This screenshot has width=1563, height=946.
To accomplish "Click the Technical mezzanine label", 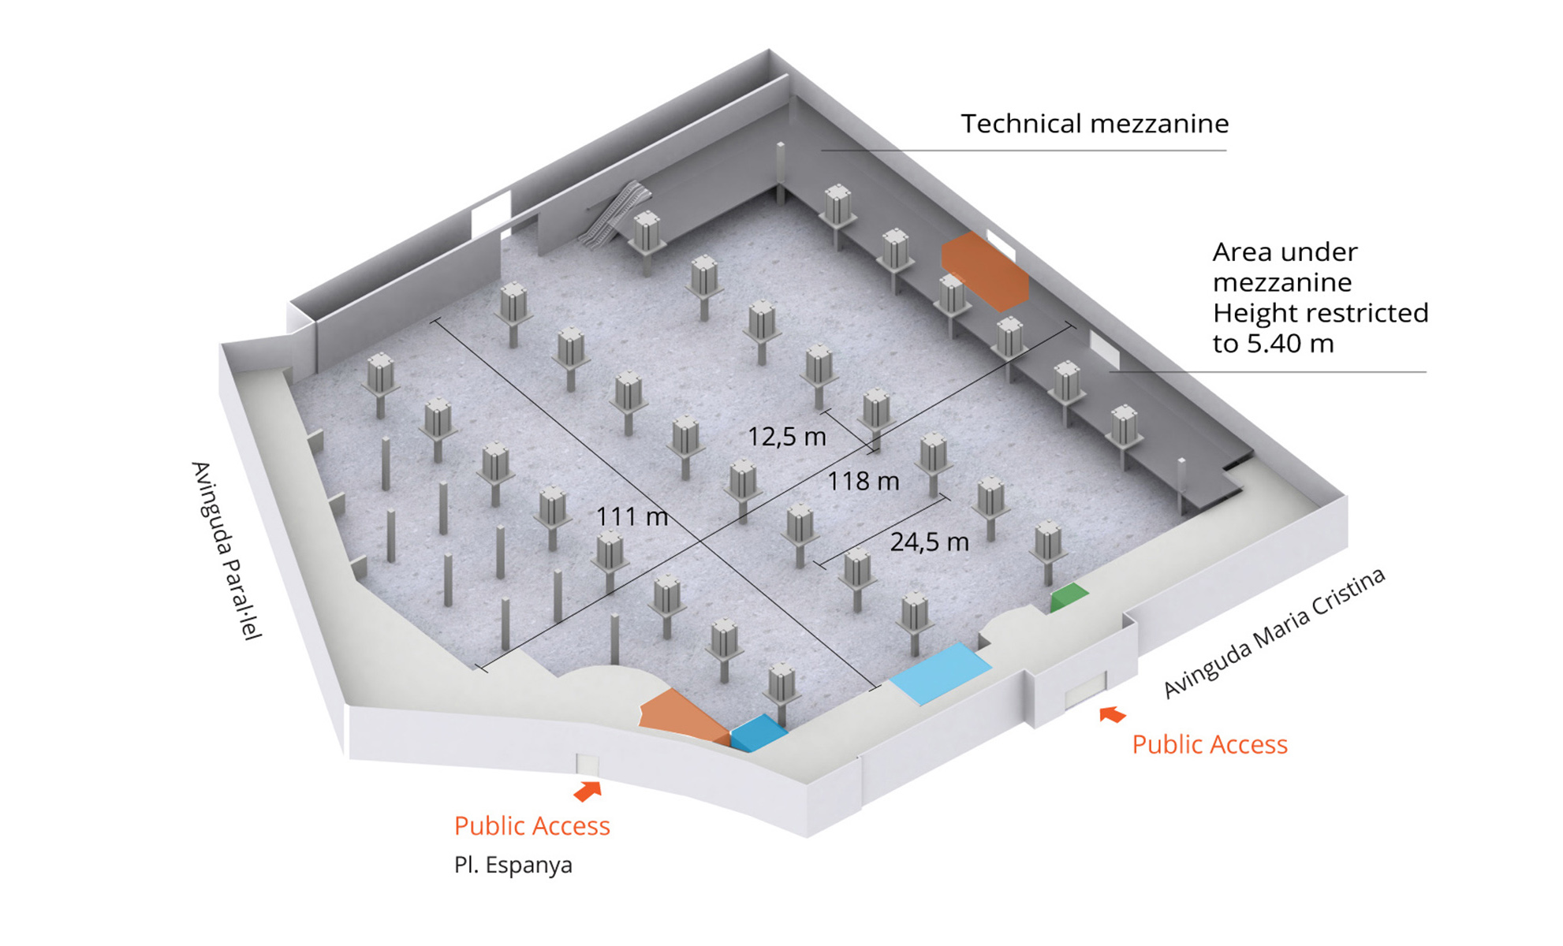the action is (x=1095, y=124).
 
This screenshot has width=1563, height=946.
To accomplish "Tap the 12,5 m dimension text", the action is (x=786, y=437).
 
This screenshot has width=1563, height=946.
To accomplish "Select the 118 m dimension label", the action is (x=863, y=481).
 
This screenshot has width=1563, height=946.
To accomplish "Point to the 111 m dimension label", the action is (x=632, y=517).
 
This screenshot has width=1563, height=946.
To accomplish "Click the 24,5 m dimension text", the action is (x=929, y=542).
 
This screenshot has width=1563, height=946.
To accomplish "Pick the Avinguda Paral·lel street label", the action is (x=226, y=550).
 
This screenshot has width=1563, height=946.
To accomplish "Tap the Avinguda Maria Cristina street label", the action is (x=1274, y=633).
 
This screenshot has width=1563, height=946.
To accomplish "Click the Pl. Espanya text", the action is (x=513, y=866).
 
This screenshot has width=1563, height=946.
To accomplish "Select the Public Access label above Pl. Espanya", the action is (x=532, y=825).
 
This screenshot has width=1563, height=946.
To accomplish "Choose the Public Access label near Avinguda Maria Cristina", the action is (x=1209, y=744).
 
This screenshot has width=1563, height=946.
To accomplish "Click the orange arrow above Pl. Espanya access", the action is (x=588, y=791).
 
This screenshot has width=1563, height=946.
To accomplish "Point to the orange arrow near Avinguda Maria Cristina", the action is (x=1112, y=714).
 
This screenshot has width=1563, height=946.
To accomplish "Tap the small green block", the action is (x=1069, y=598).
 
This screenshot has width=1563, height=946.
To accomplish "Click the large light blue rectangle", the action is (x=940, y=673).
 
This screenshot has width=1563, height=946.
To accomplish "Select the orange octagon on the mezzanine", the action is (x=985, y=271).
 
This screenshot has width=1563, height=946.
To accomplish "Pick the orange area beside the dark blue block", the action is (x=682, y=717).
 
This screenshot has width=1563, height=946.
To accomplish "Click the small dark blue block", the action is (x=758, y=733).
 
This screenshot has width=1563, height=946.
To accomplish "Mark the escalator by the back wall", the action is (x=614, y=214).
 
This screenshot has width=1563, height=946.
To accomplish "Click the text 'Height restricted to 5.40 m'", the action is (x=1320, y=328).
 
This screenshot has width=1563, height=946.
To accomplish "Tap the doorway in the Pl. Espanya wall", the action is (x=587, y=765).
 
